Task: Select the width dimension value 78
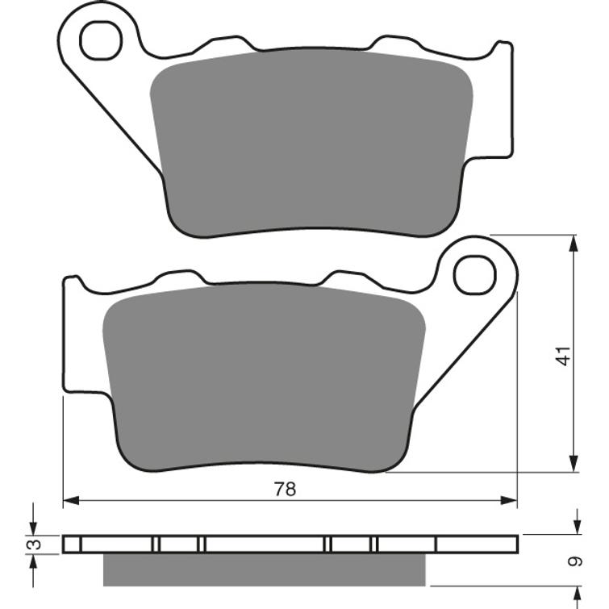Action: (285, 489)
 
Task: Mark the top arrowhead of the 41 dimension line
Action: (574, 243)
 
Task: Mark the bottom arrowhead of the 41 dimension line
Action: (574, 464)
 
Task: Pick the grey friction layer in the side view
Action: (264, 569)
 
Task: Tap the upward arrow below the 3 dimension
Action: (33, 564)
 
